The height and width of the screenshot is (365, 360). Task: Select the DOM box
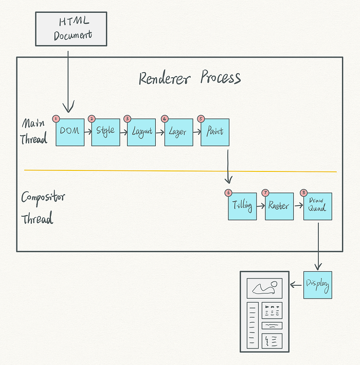pyautogui.click(x=70, y=132)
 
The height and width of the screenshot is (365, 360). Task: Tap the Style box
pyautogui.click(x=105, y=132)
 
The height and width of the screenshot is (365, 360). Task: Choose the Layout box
pyautogui.click(x=141, y=132)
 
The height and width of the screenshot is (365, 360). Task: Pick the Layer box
pyautogui.click(x=178, y=132)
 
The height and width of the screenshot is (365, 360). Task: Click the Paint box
pyautogui.click(x=215, y=132)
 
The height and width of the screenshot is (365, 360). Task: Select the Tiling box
pyautogui.click(x=242, y=206)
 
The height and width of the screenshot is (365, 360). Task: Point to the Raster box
pyautogui.click(x=279, y=206)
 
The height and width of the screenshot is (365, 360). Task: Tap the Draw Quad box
pyautogui.click(x=317, y=206)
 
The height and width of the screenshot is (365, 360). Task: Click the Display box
pyautogui.click(x=317, y=285)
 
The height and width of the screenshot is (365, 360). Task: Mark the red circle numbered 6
pyautogui.click(x=228, y=193)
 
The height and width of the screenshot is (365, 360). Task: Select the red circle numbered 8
pyautogui.click(x=303, y=193)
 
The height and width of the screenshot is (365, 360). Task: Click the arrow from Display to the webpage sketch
pyautogui.click(x=297, y=285)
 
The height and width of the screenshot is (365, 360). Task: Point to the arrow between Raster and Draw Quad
pyautogui.click(x=298, y=206)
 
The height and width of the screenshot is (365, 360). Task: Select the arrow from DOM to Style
pyautogui.click(x=87, y=132)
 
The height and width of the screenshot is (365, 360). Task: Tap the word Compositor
pyautogui.click(x=43, y=198)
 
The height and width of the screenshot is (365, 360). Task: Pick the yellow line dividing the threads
pyautogui.click(x=180, y=171)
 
